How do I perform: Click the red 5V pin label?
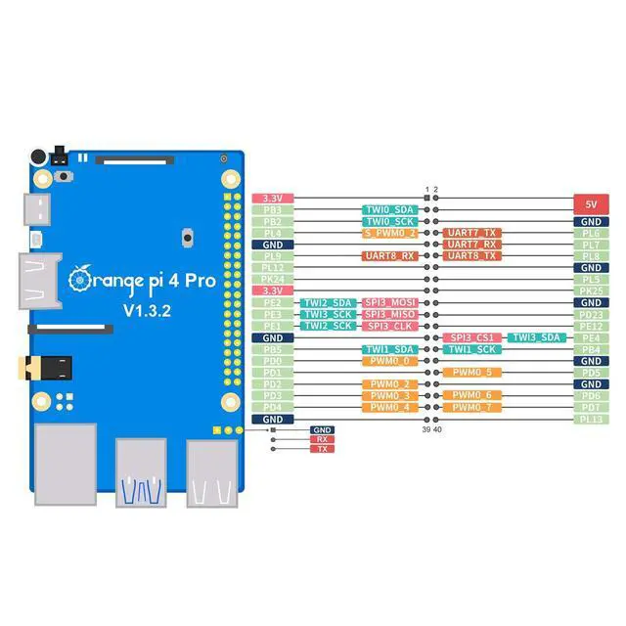click(591, 205)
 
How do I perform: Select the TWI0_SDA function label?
click(391, 209)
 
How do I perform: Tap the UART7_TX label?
click(471, 233)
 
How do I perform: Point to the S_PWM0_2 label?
click(391, 233)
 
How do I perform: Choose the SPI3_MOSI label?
click(391, 302)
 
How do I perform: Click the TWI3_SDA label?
click(535, 337)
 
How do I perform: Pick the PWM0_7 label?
click(471, 407)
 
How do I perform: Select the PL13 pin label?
click(591, 419)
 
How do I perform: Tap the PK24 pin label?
click(273, 279)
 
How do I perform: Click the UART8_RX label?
click(391, 256)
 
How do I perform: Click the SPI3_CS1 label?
click(471, 337)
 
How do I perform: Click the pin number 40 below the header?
click(436, 429)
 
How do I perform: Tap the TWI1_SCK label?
click(471, 349)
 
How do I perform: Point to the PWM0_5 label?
click(471, 373)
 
